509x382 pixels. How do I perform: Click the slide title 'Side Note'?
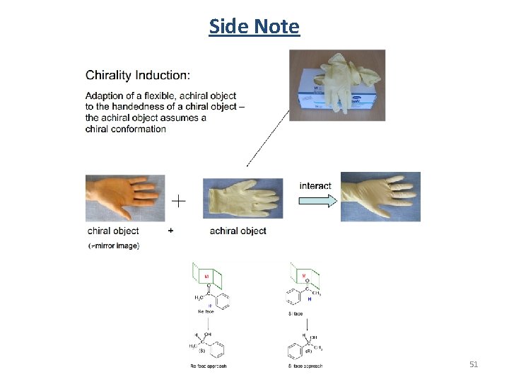(255, 27)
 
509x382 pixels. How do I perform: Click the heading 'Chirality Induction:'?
(137, 75)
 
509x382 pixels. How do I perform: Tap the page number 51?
(474, 364)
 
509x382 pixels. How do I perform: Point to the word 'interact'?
(315, 186)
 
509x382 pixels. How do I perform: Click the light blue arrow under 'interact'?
(315, 200)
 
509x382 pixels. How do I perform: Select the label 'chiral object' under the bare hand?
(113, 231)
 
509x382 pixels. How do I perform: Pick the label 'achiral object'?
(238, 231)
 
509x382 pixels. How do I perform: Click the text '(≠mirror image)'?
(114, 245)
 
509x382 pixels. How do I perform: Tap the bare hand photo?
(125, 197)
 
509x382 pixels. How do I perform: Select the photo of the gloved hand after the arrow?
(380, 197)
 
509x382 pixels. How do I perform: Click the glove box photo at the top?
(337, 84)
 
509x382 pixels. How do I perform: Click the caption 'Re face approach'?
(209, 366)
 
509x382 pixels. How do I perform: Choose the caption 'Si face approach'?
(305, 366)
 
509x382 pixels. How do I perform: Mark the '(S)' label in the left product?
(201, 350)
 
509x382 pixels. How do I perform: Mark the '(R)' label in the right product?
(308, 350)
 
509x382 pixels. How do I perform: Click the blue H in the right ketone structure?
(309, 299)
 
